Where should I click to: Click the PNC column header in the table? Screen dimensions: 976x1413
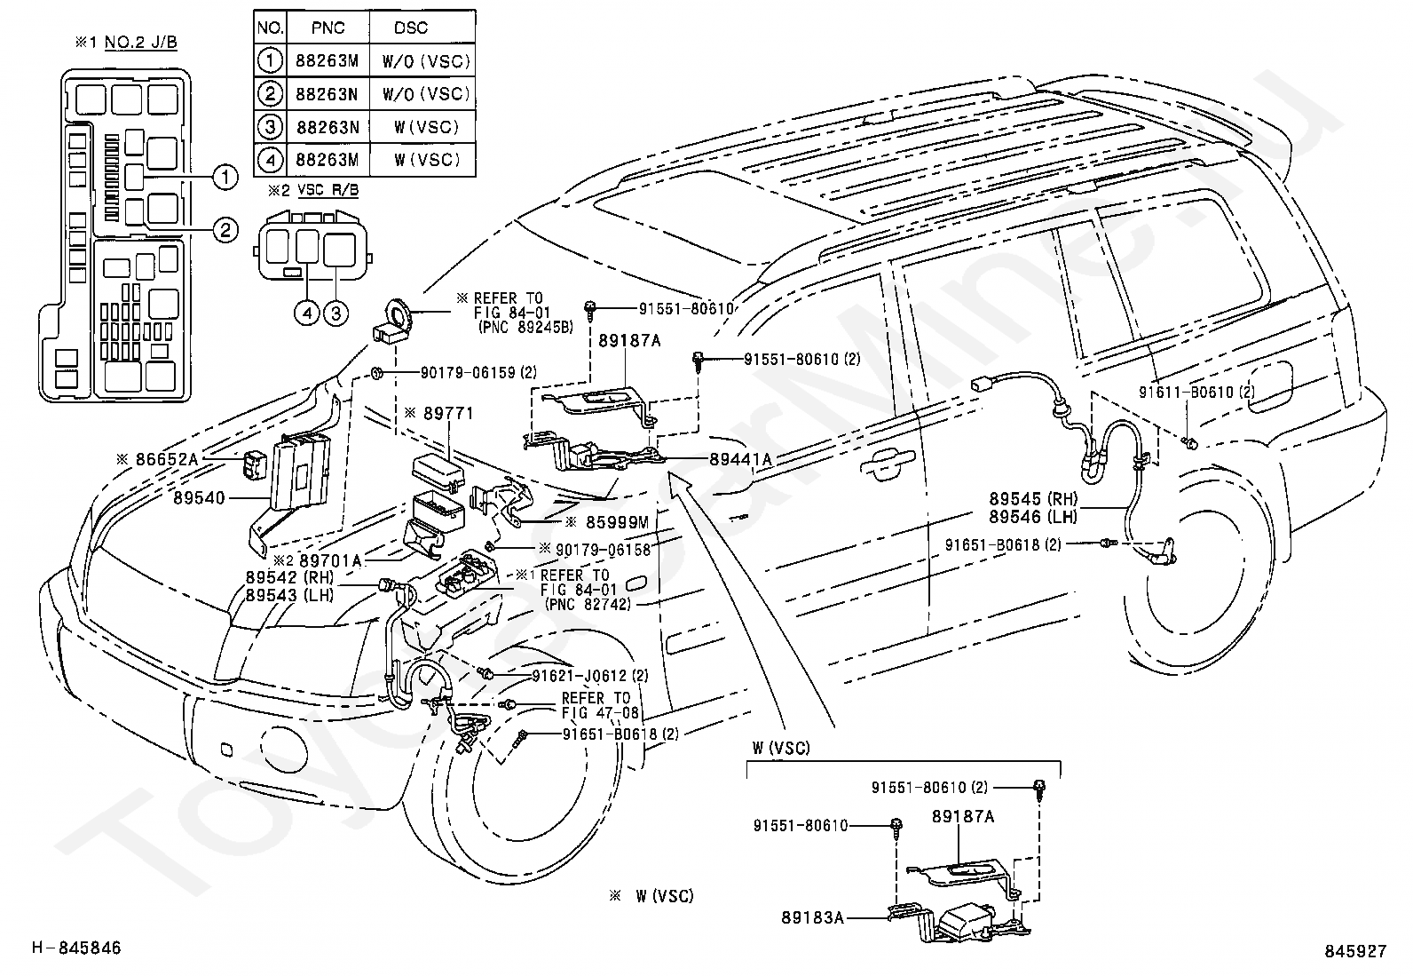pos(328,28)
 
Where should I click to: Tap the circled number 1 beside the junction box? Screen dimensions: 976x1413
pos(225,178)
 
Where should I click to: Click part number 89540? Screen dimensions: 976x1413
pos(203,499)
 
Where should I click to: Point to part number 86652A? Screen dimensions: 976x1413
pos(167,459)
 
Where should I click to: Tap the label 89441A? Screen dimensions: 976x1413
pos(740,459)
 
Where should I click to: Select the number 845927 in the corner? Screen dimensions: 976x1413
pos(1354,951)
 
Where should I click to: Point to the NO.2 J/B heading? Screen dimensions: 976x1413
pos(140,44)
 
